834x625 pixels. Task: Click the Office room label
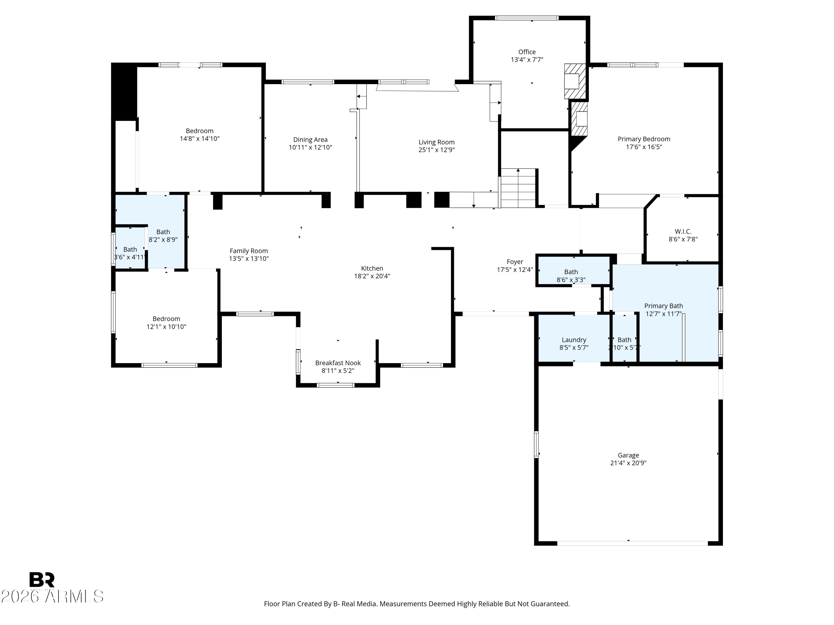(x=527, y=52)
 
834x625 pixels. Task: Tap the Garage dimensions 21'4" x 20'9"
(x=628, y=463)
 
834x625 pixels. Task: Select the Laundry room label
(x=574, y=340)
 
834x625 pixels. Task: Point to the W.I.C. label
(x=683, y=232)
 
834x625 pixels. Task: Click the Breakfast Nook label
(x=338, y=363)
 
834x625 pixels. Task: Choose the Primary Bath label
(x=663, y=306)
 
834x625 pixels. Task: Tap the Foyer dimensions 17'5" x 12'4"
(x=515, y=270)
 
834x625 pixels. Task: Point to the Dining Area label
(x=310, y=140)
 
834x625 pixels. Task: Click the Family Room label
(x=249, y=251)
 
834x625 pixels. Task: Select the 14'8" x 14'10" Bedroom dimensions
(x=199, y=139)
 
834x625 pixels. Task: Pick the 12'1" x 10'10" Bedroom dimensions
(x=166, y=327)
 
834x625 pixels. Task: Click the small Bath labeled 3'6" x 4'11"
(x=130, y=253)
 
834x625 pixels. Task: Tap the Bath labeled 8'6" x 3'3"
(x=571, y=276)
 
